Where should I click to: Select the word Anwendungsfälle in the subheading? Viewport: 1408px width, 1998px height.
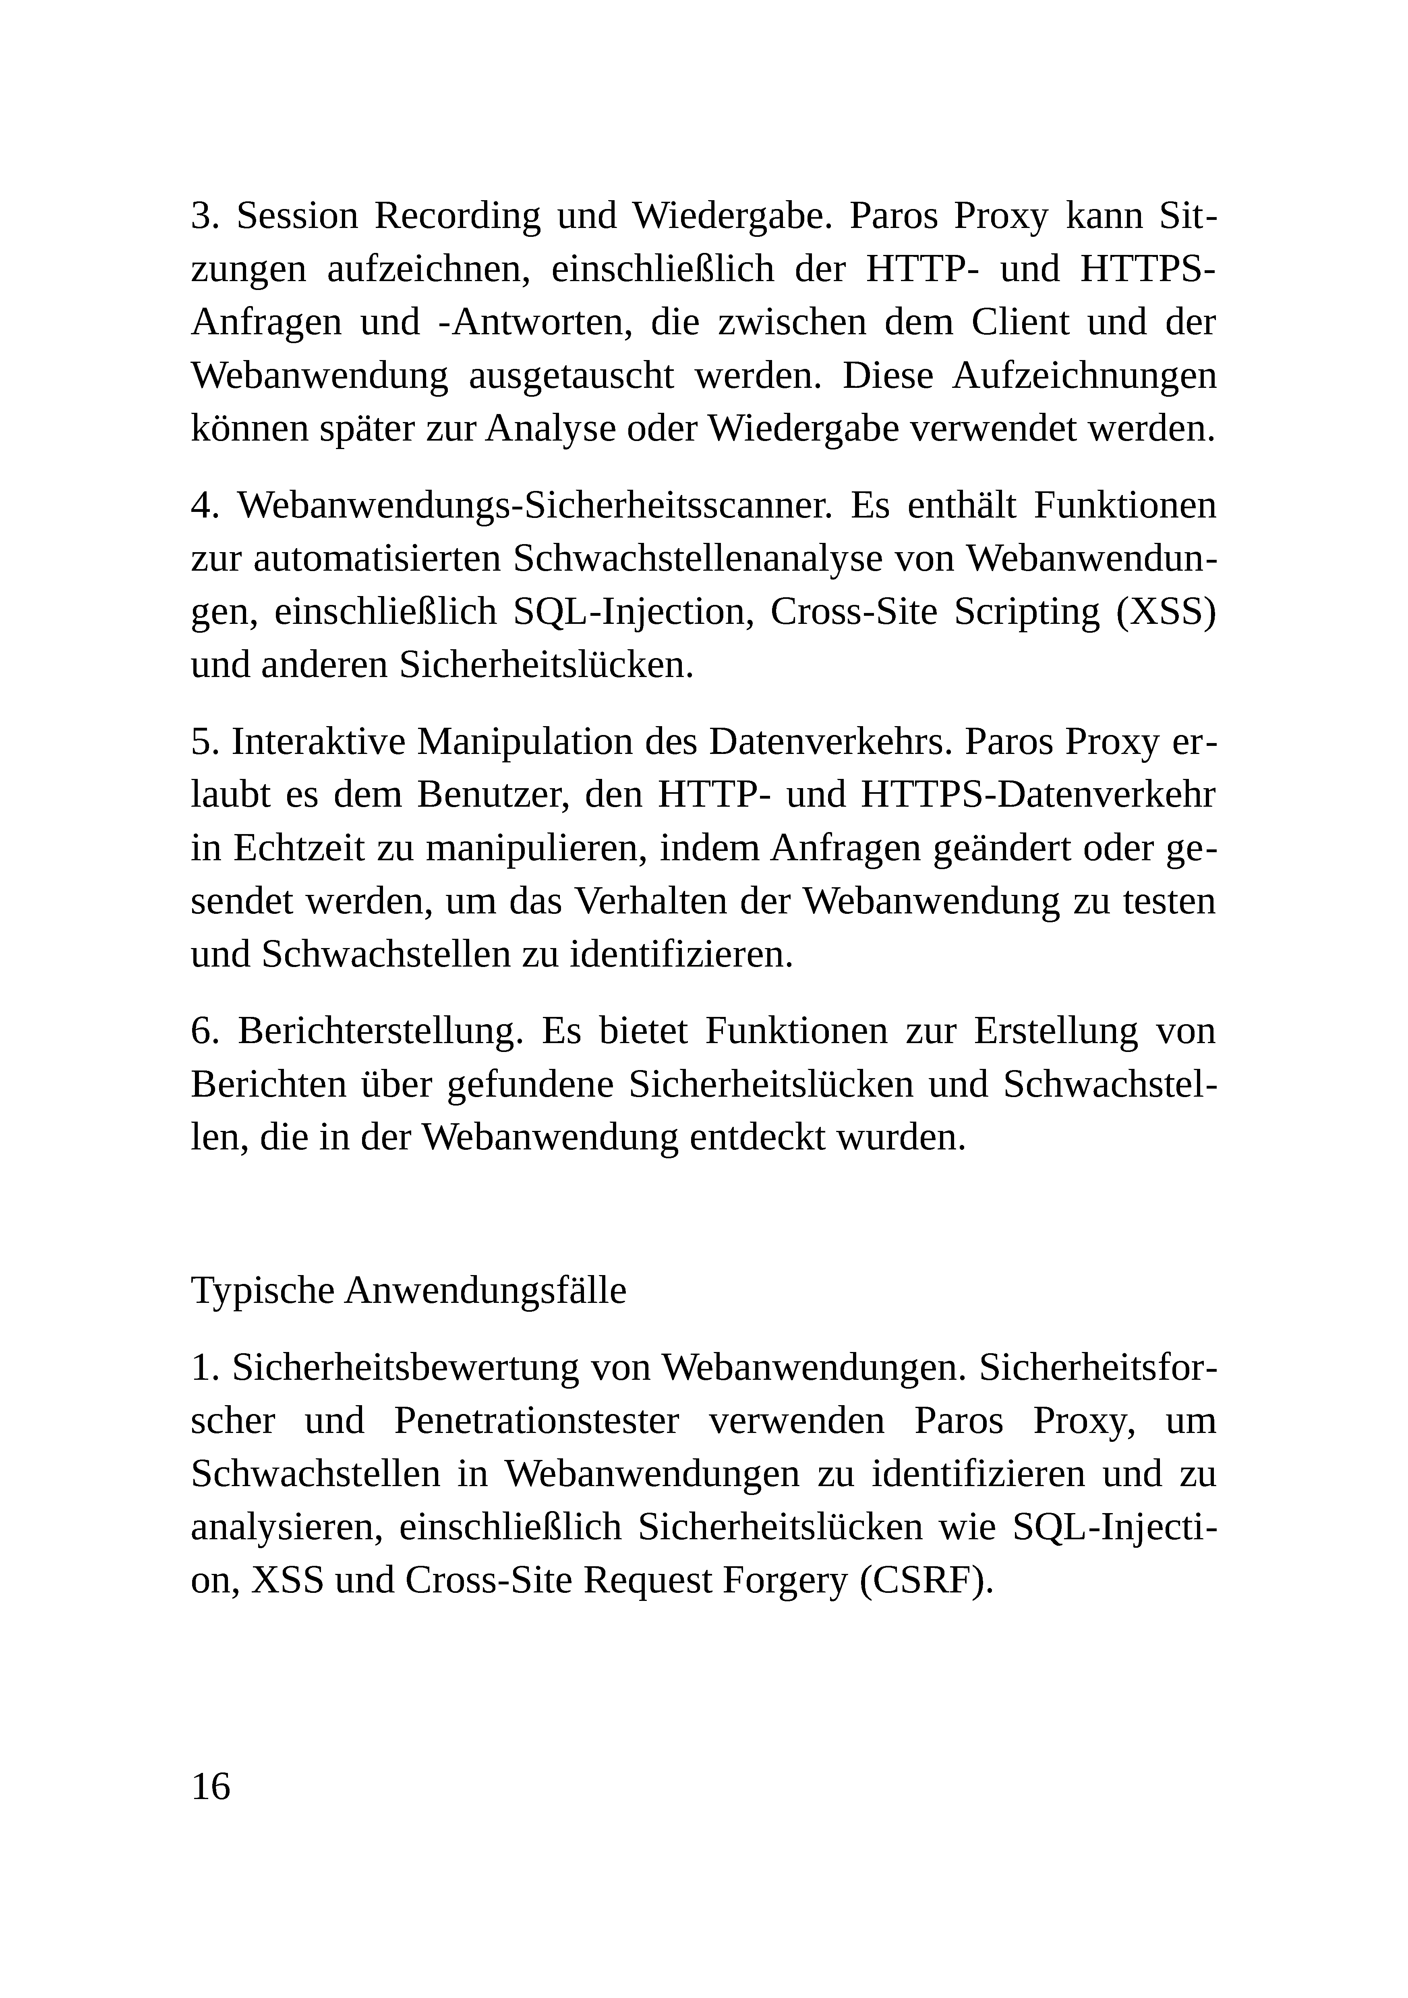tap(485, 1290)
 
